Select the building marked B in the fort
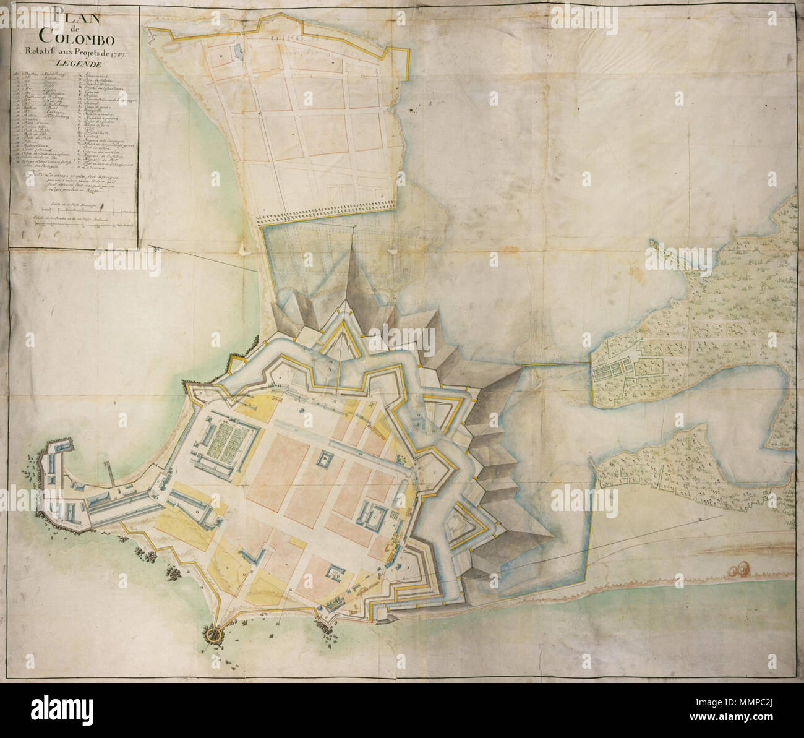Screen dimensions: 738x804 pyautogui.click(x=324, y=458)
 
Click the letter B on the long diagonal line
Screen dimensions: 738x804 pyautogui.click(x=698, y=519)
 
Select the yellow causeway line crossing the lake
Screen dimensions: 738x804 pyautogui.click(x=556, y=366)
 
